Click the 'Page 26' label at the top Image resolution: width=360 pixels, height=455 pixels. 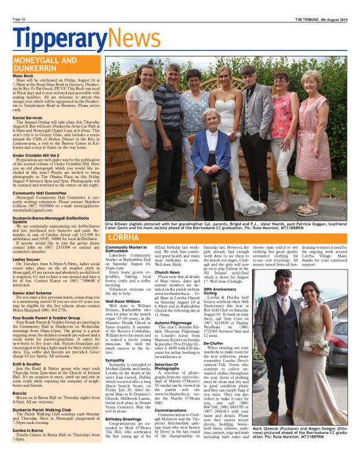(x=19, y=19)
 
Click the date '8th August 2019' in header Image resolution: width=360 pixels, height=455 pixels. (x=334, y=19)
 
